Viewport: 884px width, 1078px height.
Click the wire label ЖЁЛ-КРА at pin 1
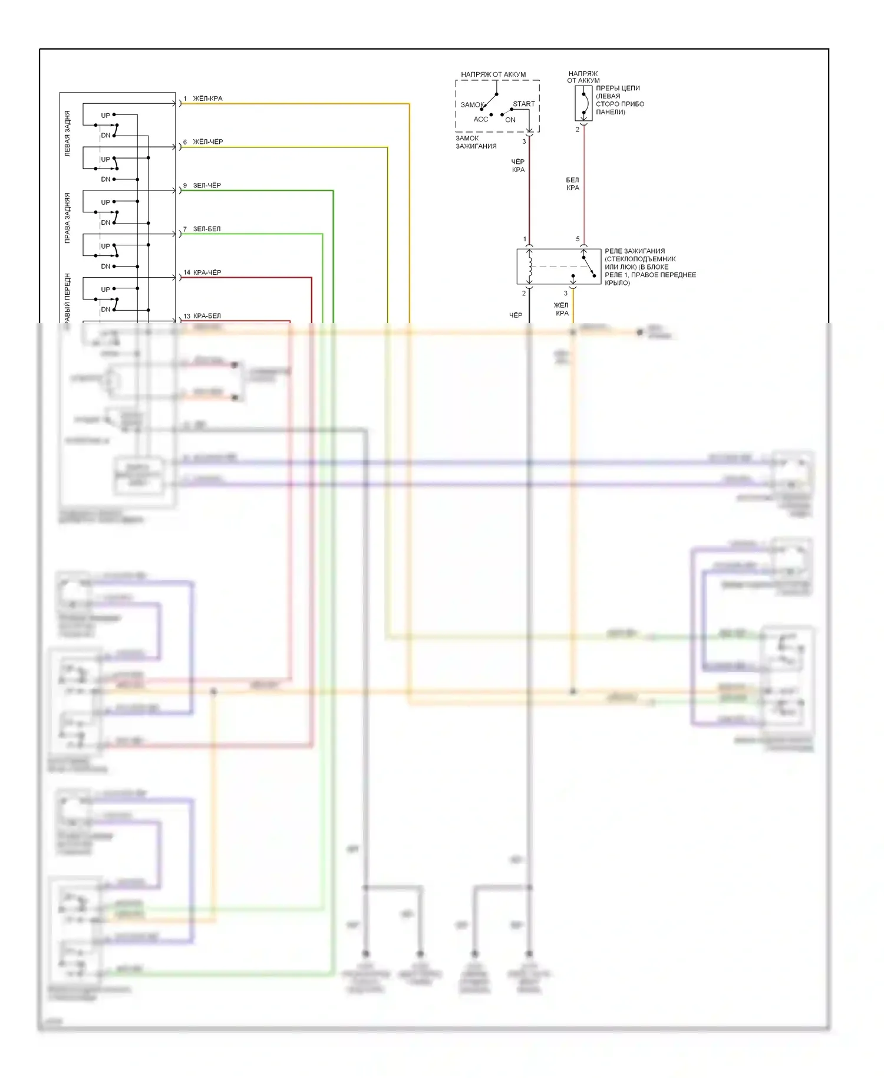click(x=207, y=98)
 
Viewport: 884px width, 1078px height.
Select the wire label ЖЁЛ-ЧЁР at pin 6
click(x=208, y=142)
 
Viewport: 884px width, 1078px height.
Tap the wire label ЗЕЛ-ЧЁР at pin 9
click(x=207, y=185)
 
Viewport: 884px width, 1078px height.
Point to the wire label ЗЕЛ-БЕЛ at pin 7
click(x=207, y=229)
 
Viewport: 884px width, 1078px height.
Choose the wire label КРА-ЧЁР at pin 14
click(x=207, y=272)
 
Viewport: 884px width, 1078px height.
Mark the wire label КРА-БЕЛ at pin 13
click(x=207, y=316)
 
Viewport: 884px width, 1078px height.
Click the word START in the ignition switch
click(x=523, y=104)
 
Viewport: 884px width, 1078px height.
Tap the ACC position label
click(x=481, y=119)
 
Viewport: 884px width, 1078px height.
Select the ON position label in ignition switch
click(x=510, y=120)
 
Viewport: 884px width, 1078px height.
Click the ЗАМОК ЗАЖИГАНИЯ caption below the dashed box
click(x=476, y=142)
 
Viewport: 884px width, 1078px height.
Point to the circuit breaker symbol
click(x=583, y=104)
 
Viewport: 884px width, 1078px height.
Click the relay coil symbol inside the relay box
click(x=530, y=266)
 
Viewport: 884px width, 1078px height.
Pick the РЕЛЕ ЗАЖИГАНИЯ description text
click(x=649, y=267)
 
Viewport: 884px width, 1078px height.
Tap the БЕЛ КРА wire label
click(x=572, y=184)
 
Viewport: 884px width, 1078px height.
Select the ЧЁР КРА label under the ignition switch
click(x=518, y=166)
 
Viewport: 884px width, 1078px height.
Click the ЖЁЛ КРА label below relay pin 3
click(x=561, y=309)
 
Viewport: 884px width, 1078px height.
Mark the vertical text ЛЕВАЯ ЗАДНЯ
click(x=67, y=133)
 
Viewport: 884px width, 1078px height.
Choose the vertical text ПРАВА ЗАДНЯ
click(x=67, y=218)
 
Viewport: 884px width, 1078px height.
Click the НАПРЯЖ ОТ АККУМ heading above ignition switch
click(x=493, y=74)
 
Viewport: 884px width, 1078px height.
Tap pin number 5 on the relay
click(x=578, y=239)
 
